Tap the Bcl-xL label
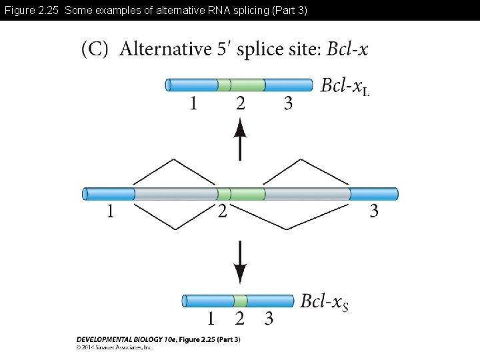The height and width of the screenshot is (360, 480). [x=345, y=86]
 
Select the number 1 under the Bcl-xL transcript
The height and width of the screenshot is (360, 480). [x=193, y=103]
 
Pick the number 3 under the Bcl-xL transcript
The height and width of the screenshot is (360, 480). [x=288, y=103]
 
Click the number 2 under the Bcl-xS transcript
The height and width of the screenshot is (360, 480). [x=240, y=318]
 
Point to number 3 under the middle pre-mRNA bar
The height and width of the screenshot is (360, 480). [x=374, y=211]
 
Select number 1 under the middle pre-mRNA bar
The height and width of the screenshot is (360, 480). [x=111, y=211]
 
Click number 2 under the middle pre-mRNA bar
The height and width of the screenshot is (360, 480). [x=222, y=211]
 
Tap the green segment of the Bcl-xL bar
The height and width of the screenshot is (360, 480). [x=241, y=85]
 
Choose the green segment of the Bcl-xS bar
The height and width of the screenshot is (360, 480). [x=241, y=301]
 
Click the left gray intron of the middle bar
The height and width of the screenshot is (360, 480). [x=175, y=194]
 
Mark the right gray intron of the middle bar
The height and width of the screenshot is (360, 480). [x=307, y=194]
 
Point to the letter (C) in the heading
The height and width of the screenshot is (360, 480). [x=95, y=49]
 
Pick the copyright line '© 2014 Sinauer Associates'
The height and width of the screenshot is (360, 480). [x=115, y=347]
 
